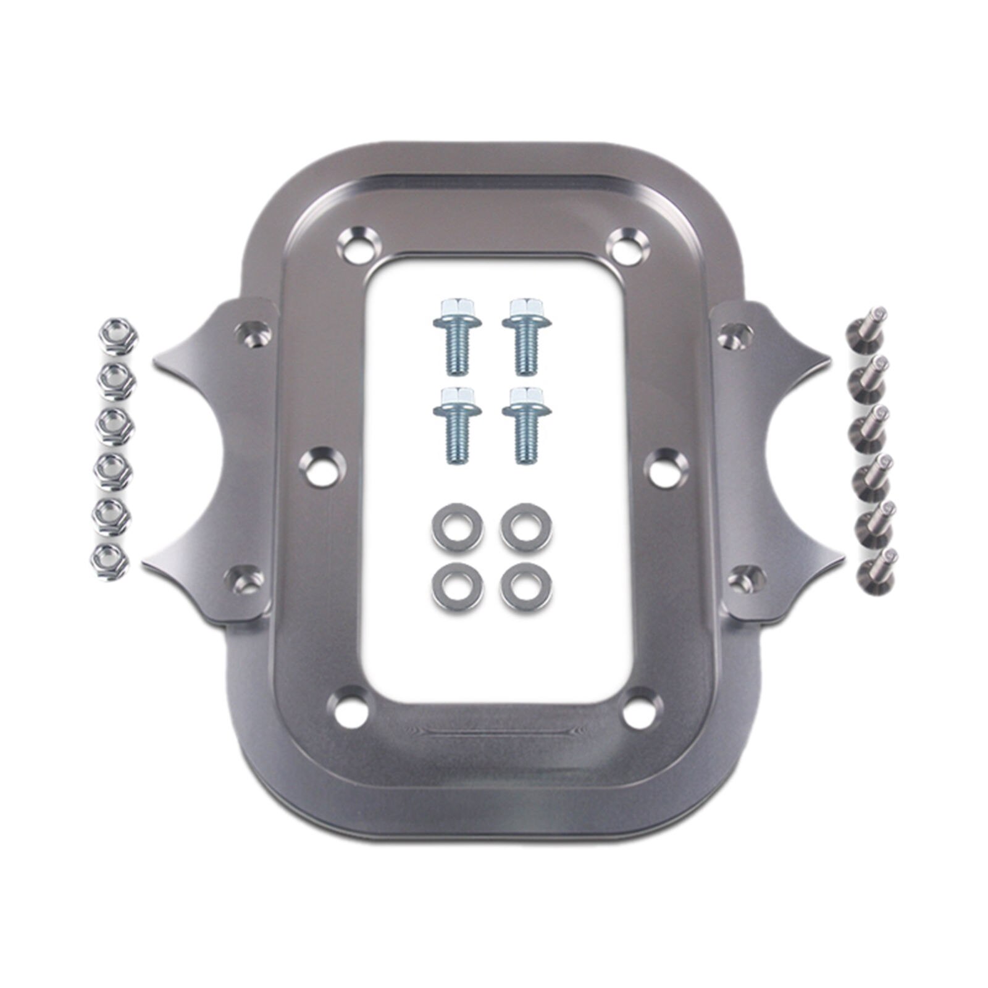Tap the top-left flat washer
(x=458, y=528)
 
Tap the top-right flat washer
(x=526, y=528)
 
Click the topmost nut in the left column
(x=119, y=335)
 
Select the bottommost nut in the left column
(x=110, y=561)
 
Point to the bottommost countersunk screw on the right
(x=877, y=567)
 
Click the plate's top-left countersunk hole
(x=358, y=246)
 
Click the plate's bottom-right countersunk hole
(x=638, y=713)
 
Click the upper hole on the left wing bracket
(x=253, y=333)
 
